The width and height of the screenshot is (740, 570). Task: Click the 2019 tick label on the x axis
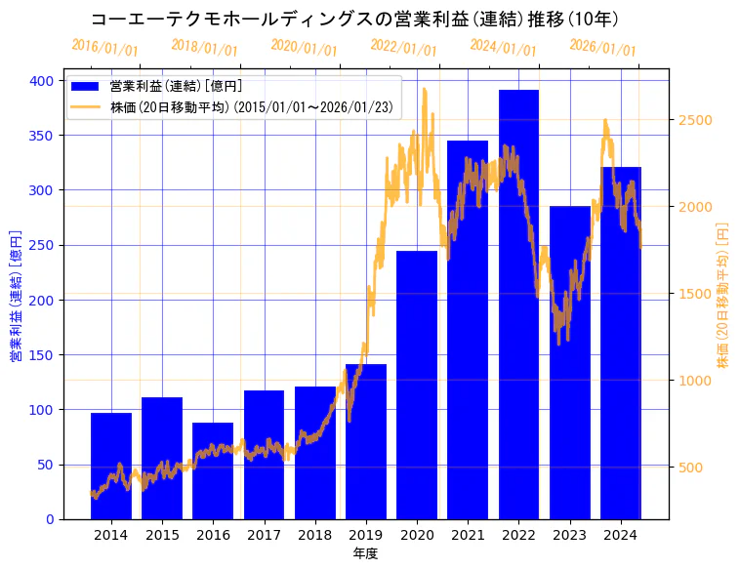[x=365, y=534]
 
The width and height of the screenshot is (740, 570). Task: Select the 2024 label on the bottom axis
[x=620, y=534]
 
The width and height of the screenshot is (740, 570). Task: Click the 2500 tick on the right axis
[x=695, y=120]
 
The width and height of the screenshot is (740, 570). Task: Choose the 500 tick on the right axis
[x=691, y=468]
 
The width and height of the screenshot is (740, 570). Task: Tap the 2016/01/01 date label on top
[x=104, y=47]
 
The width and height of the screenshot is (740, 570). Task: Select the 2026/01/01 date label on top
[x=601, y=47]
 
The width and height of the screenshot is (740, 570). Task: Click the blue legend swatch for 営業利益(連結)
[x=87, y=87]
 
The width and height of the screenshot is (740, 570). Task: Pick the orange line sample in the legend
[x=87, y=107]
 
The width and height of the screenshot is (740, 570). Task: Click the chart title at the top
[x=354, y=19]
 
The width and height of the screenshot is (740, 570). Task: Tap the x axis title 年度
[x=365, y=553]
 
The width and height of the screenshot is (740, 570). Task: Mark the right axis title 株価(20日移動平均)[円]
[x=723, y=296]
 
